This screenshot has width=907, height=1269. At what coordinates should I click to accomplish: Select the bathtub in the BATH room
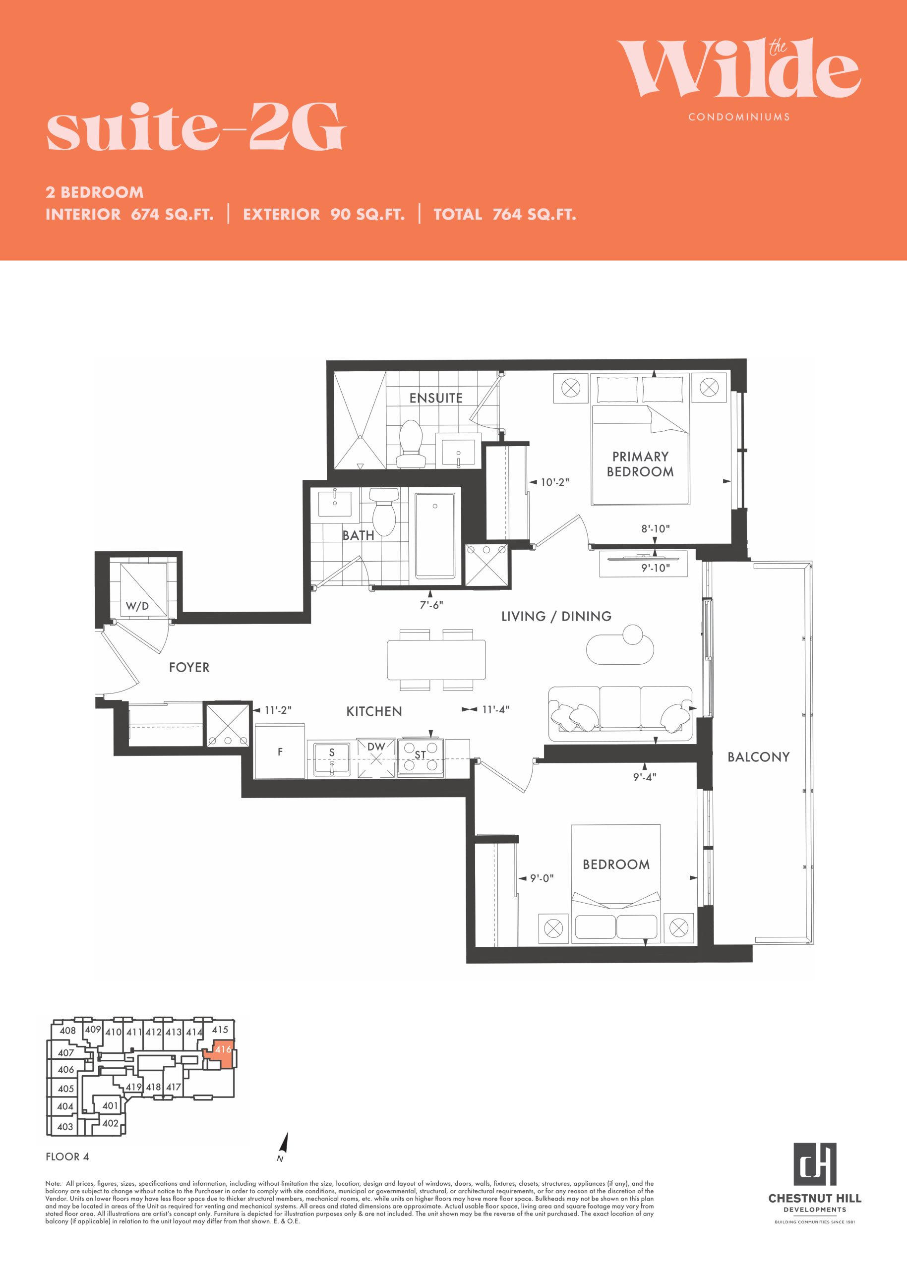pos(435,535)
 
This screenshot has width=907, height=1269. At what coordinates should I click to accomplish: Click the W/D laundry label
pos(137,606)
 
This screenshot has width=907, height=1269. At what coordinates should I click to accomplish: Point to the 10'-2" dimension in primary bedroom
pos(554,482)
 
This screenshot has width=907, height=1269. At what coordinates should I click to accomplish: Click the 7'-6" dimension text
pos(432,605)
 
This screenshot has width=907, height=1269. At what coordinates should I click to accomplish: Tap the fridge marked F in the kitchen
pos(280,751)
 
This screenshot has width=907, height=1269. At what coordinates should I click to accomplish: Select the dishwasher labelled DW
pos(376,757)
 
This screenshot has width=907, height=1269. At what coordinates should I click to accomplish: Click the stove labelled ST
pos(421,756)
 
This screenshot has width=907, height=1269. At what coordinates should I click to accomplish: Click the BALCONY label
pos(758,757)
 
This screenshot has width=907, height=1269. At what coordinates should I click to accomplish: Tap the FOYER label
pos(189,667)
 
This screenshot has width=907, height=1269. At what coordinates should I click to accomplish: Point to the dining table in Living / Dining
pos(436,659)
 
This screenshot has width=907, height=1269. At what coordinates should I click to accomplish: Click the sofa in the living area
pos(620,709)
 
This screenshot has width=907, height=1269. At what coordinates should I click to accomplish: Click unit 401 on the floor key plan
pos(110,1105)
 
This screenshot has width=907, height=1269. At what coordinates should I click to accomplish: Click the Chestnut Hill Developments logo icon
pos(815,1163)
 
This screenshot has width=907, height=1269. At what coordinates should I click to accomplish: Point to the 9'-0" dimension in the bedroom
pos(542,878)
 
